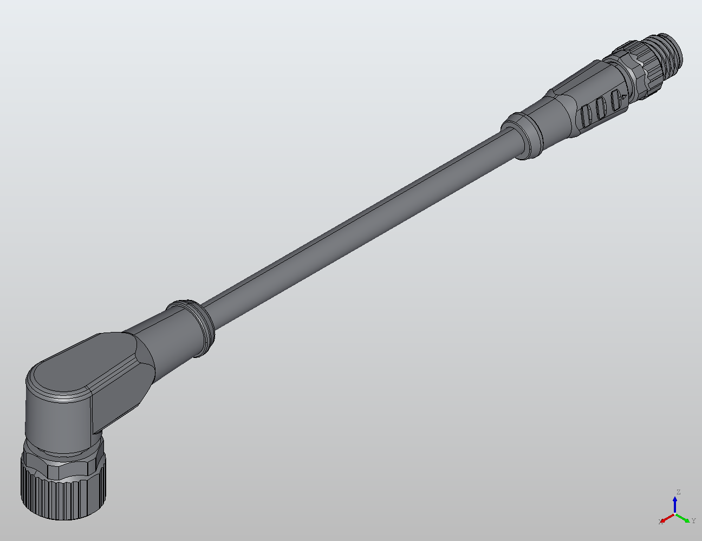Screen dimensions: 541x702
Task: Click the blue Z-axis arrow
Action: [x=675, y=504]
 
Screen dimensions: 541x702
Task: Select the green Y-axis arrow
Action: [x=684, y=518]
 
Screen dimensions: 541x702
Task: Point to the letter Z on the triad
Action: [x=678, y=492]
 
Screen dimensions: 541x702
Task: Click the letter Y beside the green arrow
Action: [x=694, y=521]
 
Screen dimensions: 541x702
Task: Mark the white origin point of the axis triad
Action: [x=675, y=514]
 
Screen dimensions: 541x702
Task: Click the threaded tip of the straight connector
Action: [x=671, y=51]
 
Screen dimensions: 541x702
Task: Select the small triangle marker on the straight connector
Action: [x=624, y=97]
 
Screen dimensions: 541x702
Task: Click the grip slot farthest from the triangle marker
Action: [x=586, y=115]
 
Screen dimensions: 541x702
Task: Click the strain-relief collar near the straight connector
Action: [x=521, y=135]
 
